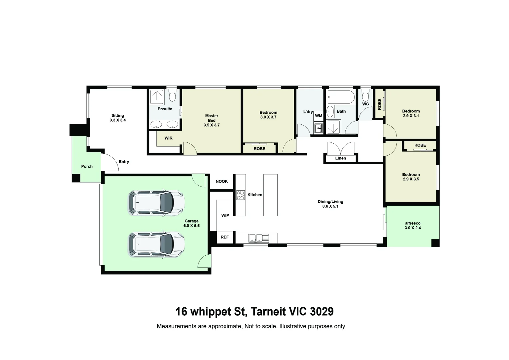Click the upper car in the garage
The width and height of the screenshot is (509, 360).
pos(156,203)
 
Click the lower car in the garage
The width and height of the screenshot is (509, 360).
pos(156,245)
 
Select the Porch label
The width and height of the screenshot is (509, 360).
pos(87,166)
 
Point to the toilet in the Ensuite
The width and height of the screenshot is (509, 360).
pos(172,97)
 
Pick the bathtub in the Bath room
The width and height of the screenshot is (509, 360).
pos(341,97)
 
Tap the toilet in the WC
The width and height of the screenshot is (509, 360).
pos(365,96)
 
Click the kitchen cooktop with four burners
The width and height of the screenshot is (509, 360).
pos(240,195)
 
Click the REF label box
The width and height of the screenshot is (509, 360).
pos(225,237)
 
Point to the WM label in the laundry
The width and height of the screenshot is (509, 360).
pos(318,116)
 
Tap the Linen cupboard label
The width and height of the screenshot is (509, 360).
pos(340,158)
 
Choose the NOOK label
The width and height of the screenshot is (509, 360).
pos(222,181)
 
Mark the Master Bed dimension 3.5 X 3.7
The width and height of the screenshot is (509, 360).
pos(212,125)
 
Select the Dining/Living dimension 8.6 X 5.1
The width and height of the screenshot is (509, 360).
pos(330,206)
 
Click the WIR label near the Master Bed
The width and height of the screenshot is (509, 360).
pos(169,138)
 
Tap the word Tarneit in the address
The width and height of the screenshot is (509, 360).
pos(268,311)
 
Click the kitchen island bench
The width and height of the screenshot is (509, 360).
pos(270,195)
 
